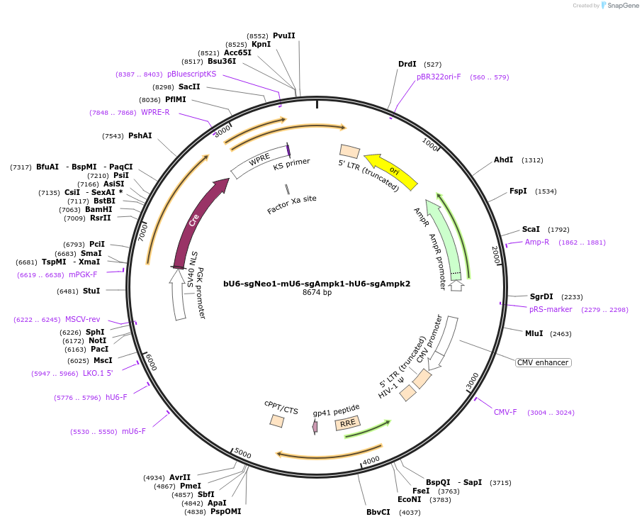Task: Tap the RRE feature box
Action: click(x=347, y=423)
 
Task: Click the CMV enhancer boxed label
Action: click(x=543, y=362)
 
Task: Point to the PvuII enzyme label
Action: click(x=283, y=35)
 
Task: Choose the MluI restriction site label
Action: click(x=534, y=333)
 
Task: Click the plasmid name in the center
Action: click(x=317, y=284)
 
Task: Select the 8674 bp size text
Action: click(x=317, y=293)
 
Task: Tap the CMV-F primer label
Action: click(x=505, y=412)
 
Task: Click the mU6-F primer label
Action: click(x=134, y=431)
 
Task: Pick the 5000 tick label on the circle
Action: click(x=242, y=454)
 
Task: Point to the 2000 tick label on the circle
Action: click(x=496, y=254)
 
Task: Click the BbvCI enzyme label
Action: click(x=378, y=512)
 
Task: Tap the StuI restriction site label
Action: click(x=91, y=291)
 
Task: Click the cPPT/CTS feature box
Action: click(x=277, y=420)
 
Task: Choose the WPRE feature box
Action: click(x=259, y=162)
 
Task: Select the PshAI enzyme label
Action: click(x=140, y=135)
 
